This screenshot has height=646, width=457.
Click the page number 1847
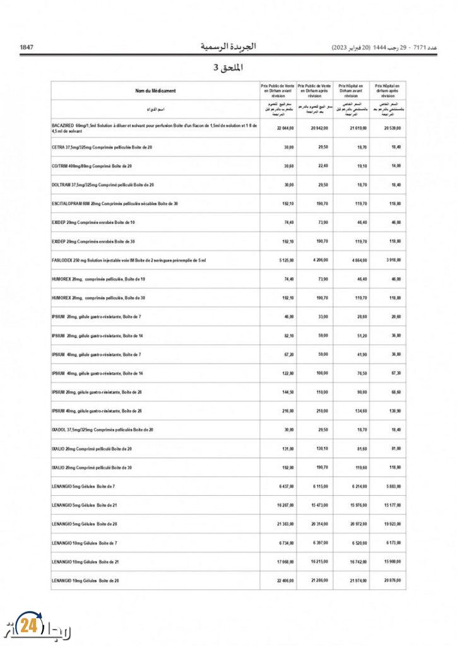click(x=27, y=47)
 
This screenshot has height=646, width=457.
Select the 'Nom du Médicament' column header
click(x=155, y=91)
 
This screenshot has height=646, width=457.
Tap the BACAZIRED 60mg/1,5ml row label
click(x=155, y=128)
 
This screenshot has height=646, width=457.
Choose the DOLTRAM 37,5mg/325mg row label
click(x=103, y=185)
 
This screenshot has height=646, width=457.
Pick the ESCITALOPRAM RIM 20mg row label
click(x=115, y=204)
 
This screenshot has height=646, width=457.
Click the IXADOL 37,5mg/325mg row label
click(x=102, y=430)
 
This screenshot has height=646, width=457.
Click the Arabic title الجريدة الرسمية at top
click(x=228, y=47)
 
